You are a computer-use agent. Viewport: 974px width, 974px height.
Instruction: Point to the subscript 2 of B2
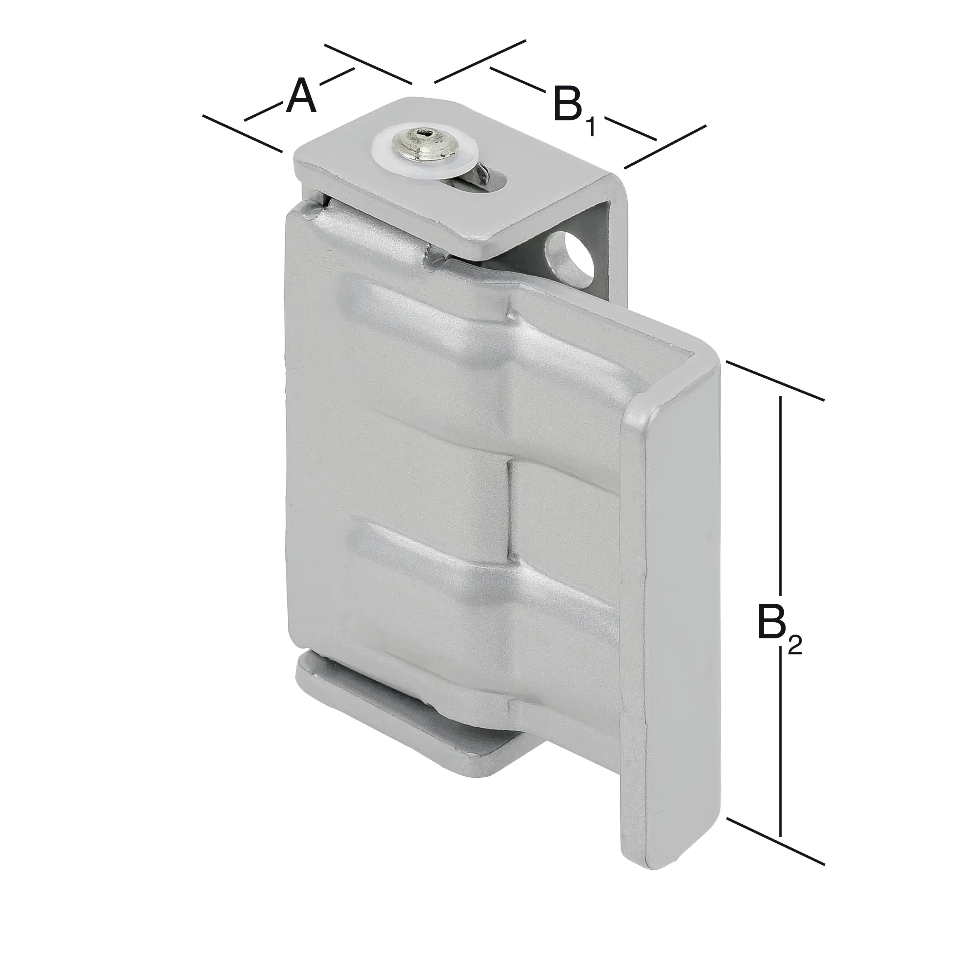795,645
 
